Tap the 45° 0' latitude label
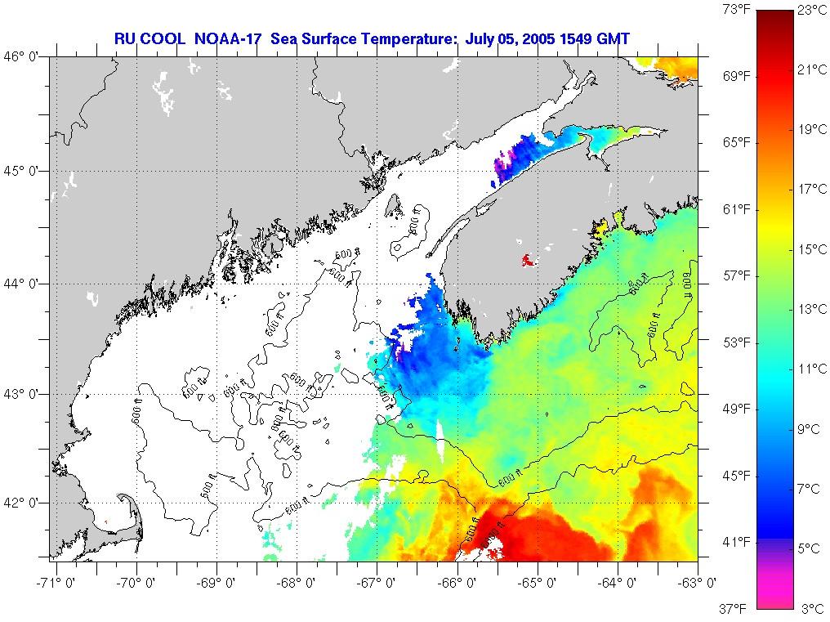(25, 171)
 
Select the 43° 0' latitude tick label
(25, 394)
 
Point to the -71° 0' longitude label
(54, 582)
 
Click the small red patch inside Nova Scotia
(527, 262)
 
